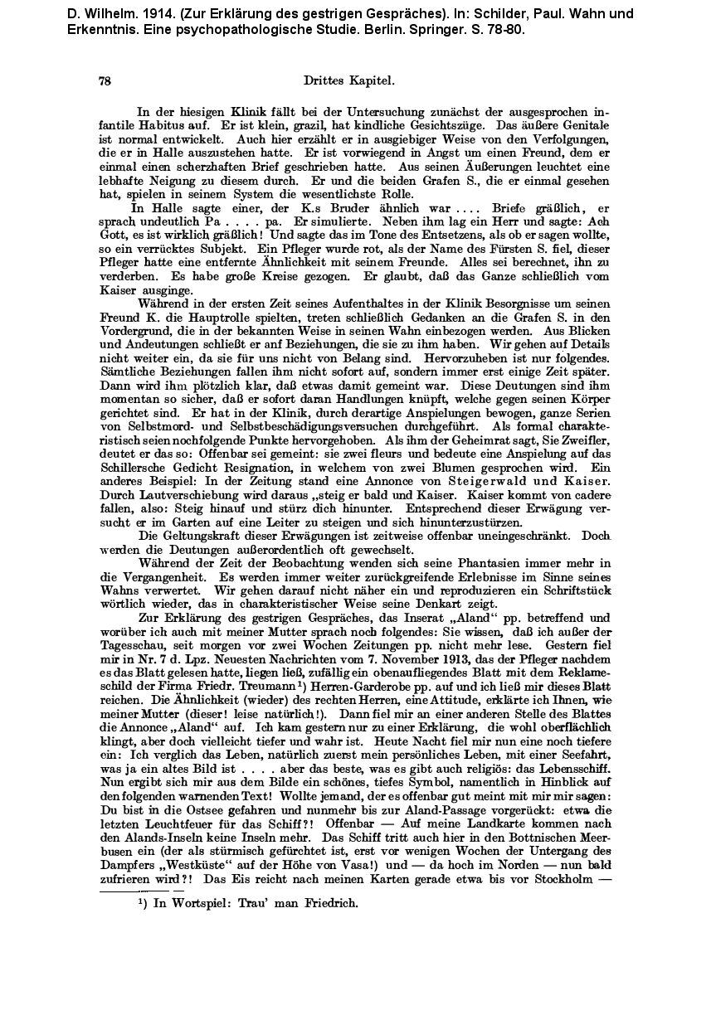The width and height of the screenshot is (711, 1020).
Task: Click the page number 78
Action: tap(105, 81)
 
